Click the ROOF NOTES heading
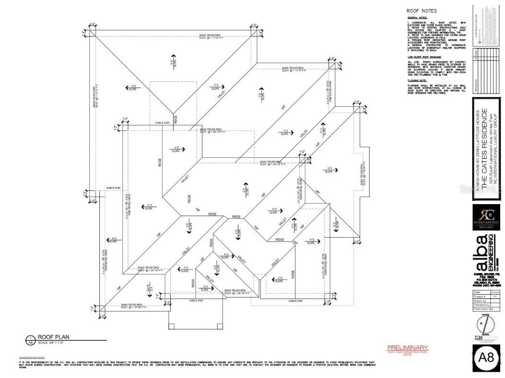422,11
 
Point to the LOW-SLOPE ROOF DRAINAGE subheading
424,57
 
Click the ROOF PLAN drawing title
54,337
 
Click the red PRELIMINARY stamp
407,347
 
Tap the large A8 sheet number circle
487,358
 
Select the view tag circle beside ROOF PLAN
31,340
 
